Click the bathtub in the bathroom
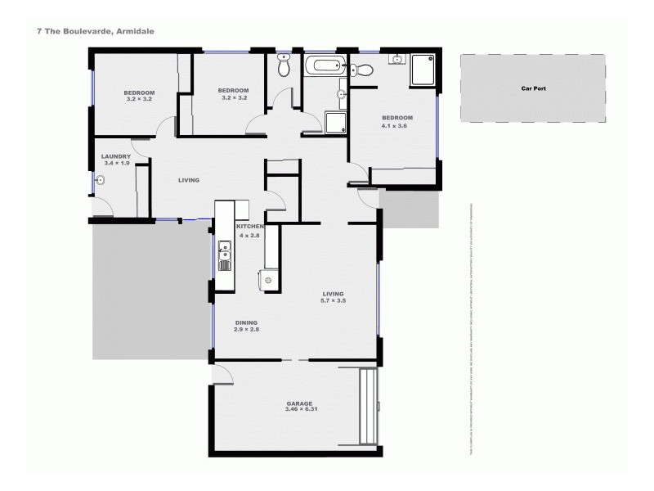[324, 66]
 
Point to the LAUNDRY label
[116, 156]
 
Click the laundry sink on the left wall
[99, 183]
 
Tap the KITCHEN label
[249, 226]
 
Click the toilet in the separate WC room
[284, 69]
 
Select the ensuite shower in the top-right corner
[423, 70]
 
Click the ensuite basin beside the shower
[396, 60]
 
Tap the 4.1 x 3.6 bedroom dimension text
[394, 126]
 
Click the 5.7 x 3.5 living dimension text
[334, 300]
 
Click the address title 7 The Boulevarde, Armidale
[96, 31]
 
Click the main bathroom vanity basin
[340, 96]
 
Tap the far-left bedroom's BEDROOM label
[139, 92]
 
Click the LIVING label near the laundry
[189, 180]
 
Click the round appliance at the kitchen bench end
[267, 281]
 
